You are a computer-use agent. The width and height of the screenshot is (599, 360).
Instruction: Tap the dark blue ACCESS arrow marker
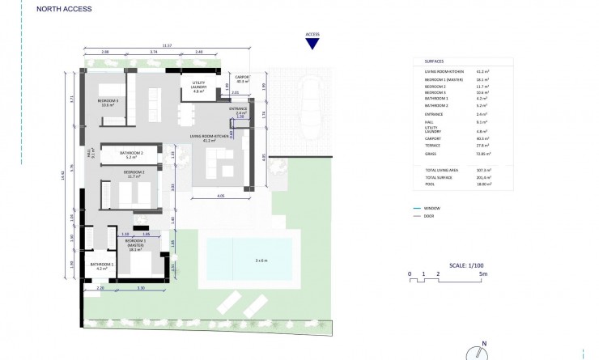click(312, 44)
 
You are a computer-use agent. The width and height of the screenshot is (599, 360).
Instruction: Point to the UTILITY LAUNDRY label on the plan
click(199, 89)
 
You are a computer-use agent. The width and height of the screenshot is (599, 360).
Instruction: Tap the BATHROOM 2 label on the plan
click(131, 155)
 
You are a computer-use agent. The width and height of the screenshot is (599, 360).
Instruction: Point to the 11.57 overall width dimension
click(166, 46)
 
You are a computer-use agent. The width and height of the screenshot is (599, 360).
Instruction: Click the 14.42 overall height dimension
click(63, 172)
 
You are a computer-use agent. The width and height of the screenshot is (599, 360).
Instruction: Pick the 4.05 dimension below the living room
click(220, 197)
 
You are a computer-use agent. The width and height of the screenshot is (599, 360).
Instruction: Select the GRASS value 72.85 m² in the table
click(482, 154)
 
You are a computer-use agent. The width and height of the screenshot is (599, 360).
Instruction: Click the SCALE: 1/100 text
click(462, 265)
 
